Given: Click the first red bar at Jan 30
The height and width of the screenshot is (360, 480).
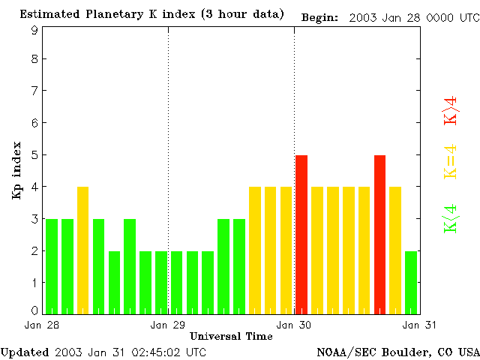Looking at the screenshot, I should pyautogui.click(x=301, y=234).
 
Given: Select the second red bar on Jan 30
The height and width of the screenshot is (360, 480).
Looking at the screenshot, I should pyautogui.click(x=379, y=234).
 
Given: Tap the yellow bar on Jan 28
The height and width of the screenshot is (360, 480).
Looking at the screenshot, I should pyautogui.click(x=82, y=250).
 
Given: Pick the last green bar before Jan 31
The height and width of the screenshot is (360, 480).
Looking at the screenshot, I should pyautogui.click(x=411, y=282).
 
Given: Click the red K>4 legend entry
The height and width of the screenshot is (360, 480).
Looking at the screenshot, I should pyautogui.click(x=451, y=110).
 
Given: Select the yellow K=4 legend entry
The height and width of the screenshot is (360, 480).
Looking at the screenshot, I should pyautogui.click(x=451, y=162).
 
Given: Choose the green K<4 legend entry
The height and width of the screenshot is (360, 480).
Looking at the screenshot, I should pyautogui.click(x=451, y=219).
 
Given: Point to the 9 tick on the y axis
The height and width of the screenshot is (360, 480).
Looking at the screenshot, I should pyautogui.click(x=34, y=31).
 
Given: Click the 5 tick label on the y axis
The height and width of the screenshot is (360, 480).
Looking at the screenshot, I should pyautogui.click(x=34, y=155).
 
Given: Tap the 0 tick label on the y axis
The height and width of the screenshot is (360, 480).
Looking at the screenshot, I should pyautogui.click(x=34, y=310).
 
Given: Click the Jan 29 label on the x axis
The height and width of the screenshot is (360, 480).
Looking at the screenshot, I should pyautogui.click(x=167, y=325).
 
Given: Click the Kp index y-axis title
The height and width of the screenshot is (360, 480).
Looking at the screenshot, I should pyautogui.click(x=16, y=170).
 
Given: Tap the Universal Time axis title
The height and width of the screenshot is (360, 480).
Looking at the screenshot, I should pyautogui.click(x=231, y=336).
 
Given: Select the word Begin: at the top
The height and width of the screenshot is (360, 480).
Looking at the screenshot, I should pyautogui.click(x=320, y=16).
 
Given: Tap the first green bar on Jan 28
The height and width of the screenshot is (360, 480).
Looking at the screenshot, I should pyautogui.click(x=51, y=266).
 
